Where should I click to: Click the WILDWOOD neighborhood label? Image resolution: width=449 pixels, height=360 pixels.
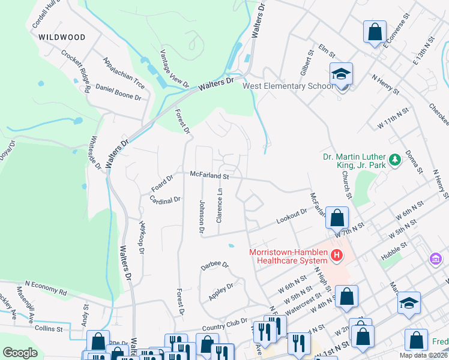(x=62, y=37)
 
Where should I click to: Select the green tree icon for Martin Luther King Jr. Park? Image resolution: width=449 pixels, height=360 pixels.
(x=394, y=160)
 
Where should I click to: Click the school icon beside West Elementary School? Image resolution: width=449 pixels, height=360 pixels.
(x=341, y=75)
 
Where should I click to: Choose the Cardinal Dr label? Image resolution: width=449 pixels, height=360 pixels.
(x=165, y=200)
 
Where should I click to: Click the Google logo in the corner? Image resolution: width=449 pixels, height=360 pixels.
(x=20, y=352)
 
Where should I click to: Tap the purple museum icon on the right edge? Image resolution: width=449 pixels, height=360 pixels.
(x=436, y=259)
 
